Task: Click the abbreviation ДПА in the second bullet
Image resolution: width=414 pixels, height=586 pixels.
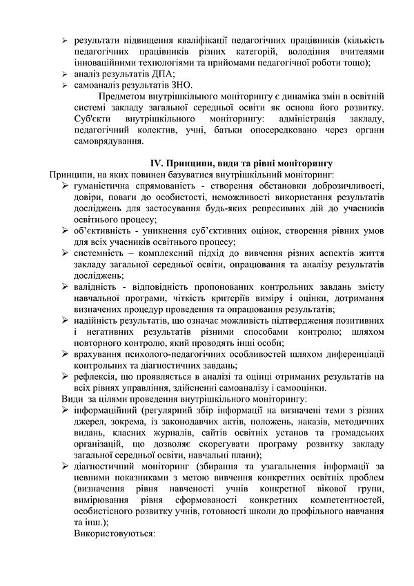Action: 159,75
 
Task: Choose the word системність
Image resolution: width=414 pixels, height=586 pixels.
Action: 98,253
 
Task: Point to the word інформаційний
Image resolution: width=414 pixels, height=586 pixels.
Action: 105,410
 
